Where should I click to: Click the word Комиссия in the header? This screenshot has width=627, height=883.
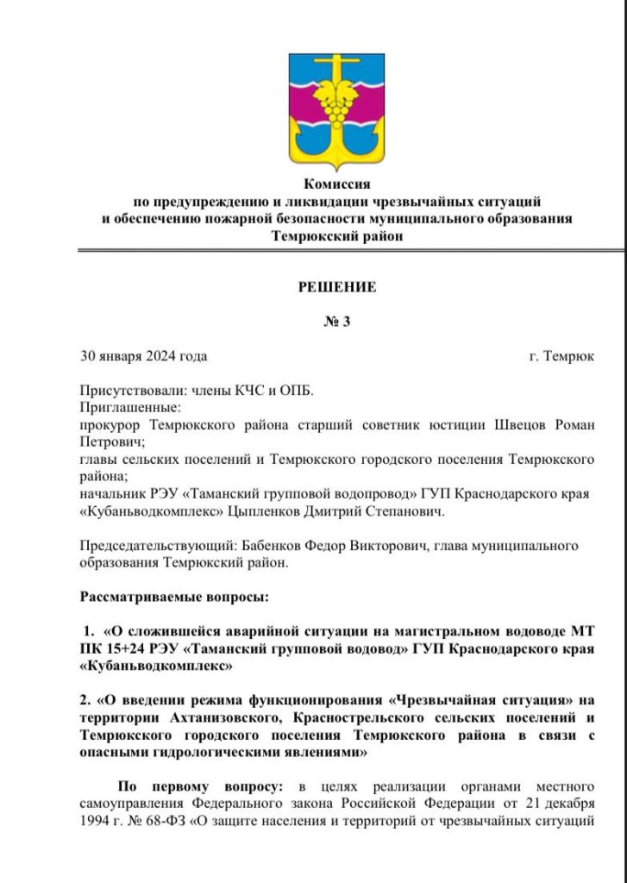pyautogui.click(x=336, y=184)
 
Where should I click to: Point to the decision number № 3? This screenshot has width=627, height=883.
pyautogui.click(x=336, y=322)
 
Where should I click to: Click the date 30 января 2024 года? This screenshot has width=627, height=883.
pyautogui.click(x=143, y=356)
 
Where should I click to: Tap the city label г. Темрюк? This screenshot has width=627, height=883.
pyautogui.click(x=561, y=356)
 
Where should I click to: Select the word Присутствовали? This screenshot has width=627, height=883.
pyautogui.click(x=127, y=391)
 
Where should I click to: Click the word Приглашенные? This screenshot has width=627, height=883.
pyautogui.click(x=130, y=407)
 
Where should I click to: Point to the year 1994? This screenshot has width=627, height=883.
pyautogui.click(x=96, y=820)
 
